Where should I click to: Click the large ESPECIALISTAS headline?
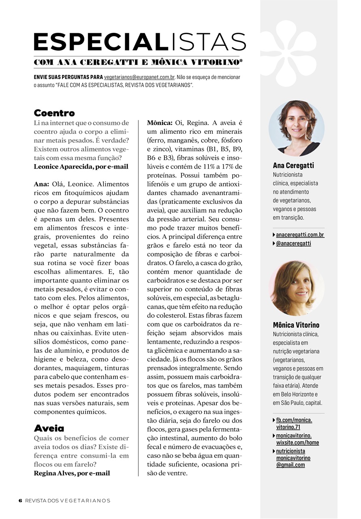(140, 42)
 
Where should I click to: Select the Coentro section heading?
(54, 113)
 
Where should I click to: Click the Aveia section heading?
(49, 428)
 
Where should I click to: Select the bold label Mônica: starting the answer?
(160, 122)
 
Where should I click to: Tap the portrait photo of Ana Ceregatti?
(297, 128)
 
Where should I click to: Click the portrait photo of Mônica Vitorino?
(297, 288)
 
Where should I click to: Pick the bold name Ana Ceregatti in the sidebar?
(293, 165)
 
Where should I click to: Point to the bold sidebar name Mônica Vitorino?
(296, 325)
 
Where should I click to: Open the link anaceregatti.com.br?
(300, 235)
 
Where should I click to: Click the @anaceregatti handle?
(293, 243)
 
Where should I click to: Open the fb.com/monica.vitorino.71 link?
(294, 423)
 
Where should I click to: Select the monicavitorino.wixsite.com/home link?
(297, 439)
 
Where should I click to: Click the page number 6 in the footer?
(20, 500)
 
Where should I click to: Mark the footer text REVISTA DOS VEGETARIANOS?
(68, 500)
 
